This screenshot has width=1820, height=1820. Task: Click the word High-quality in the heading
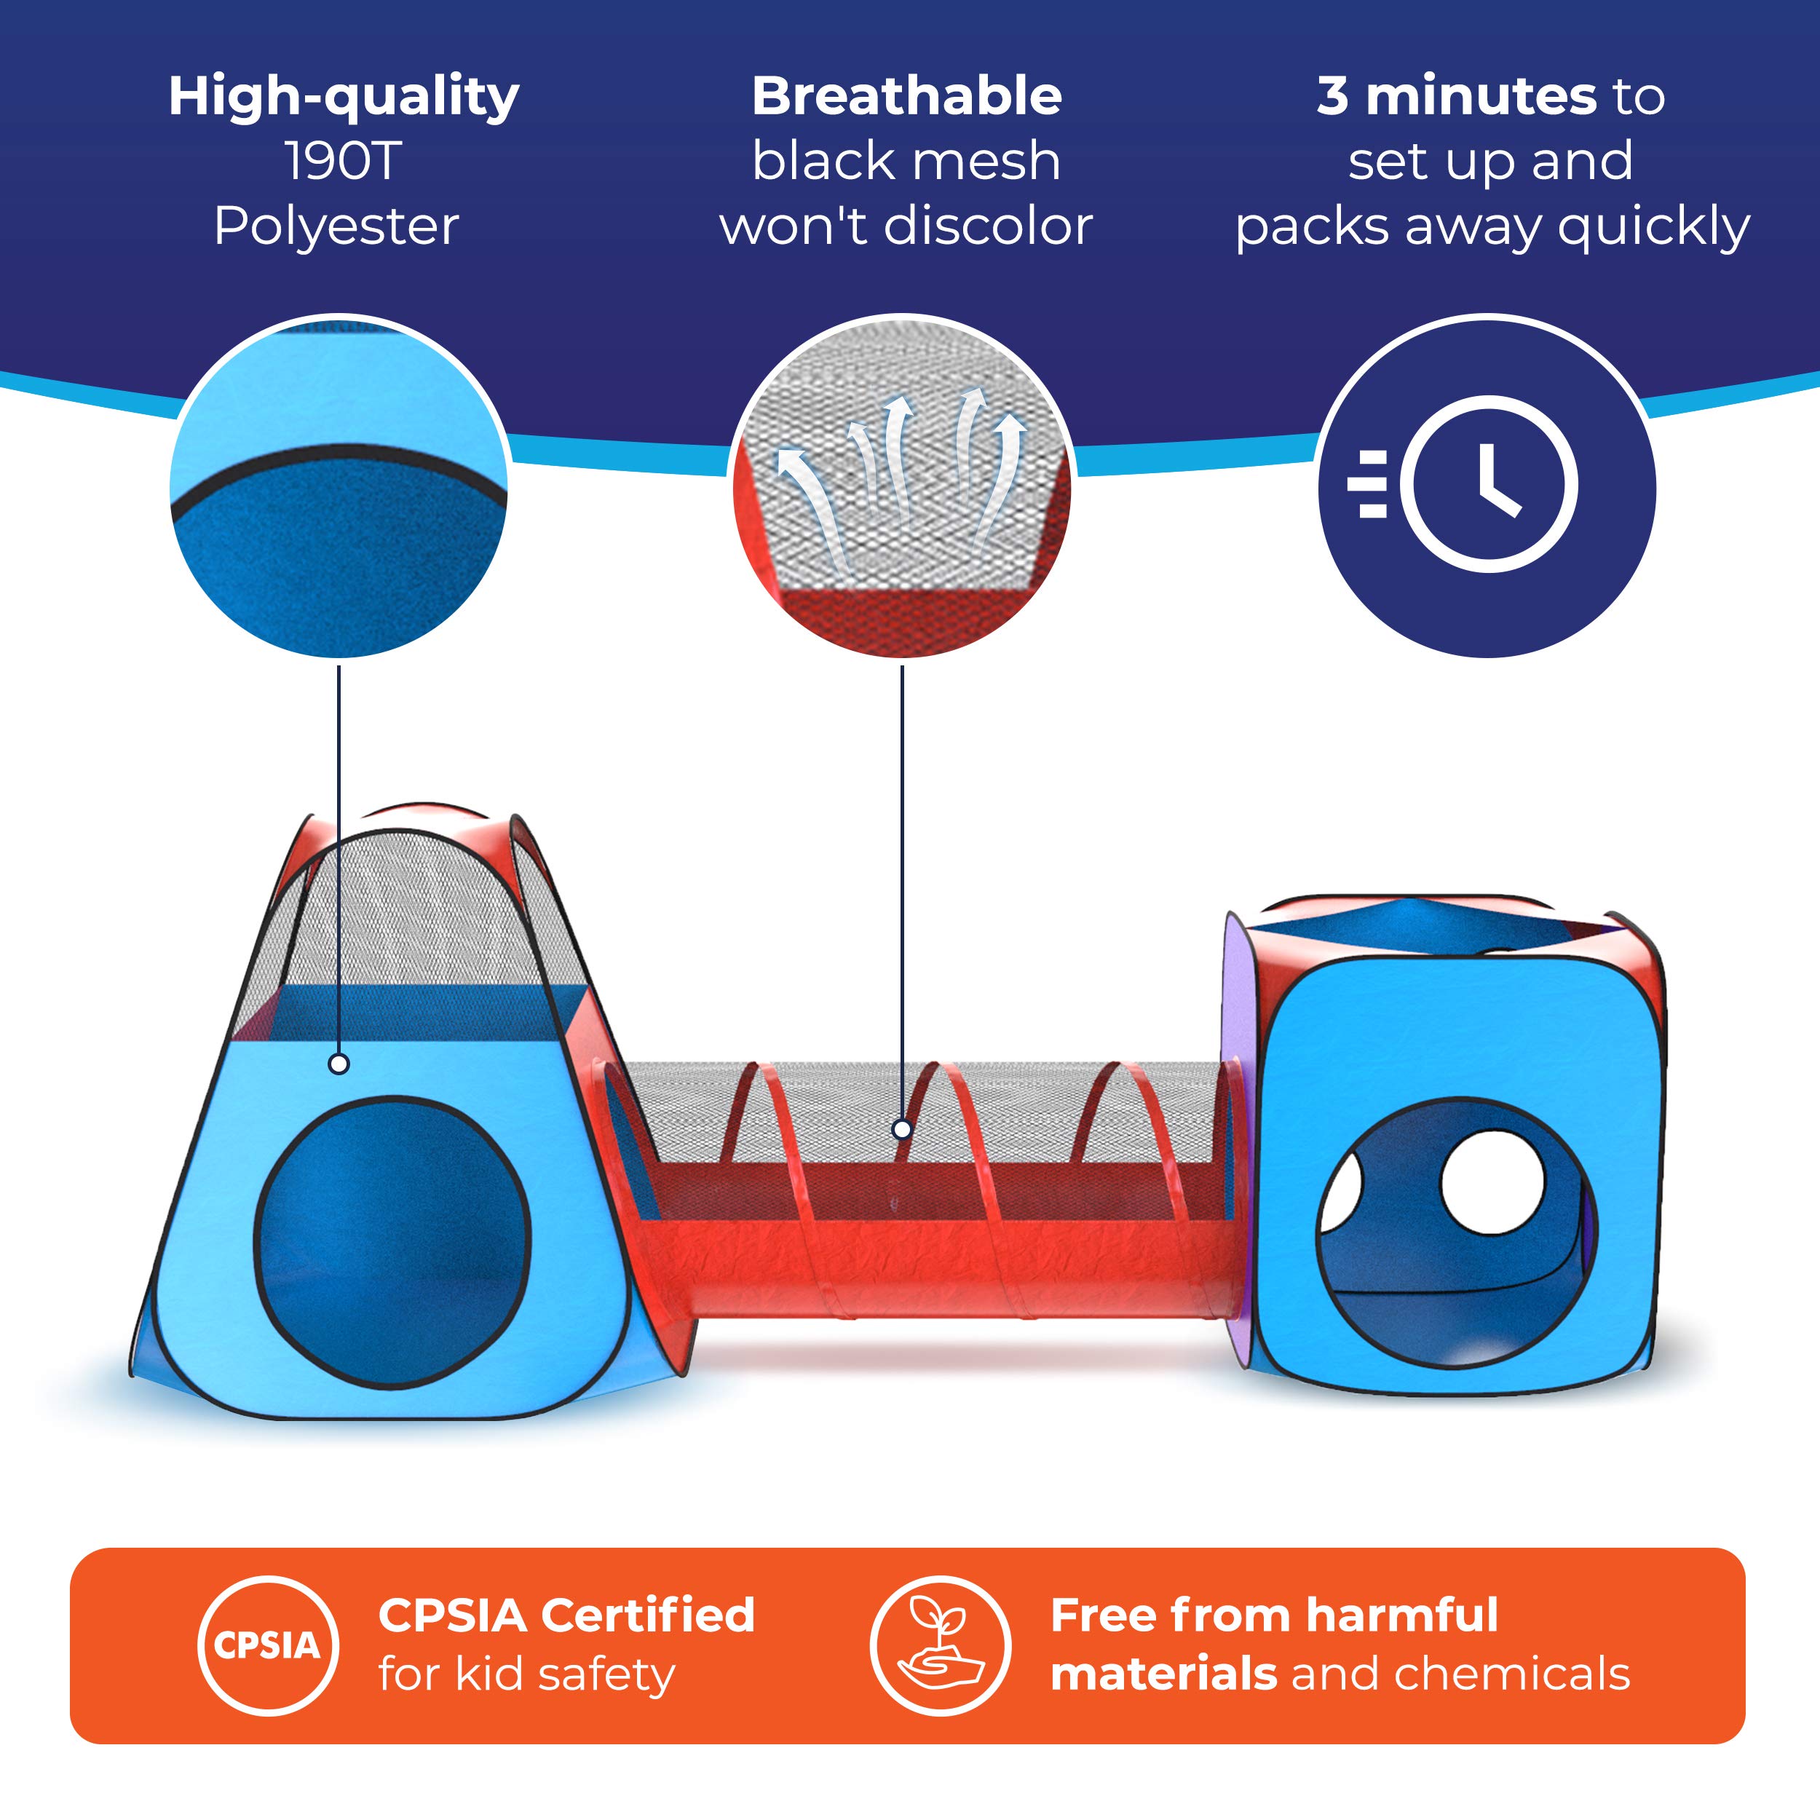click(344, 97)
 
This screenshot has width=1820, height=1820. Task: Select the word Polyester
click(336, 227)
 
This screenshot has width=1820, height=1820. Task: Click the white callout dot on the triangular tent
click(339, 1064)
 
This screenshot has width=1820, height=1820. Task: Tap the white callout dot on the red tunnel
click(901, 1128)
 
